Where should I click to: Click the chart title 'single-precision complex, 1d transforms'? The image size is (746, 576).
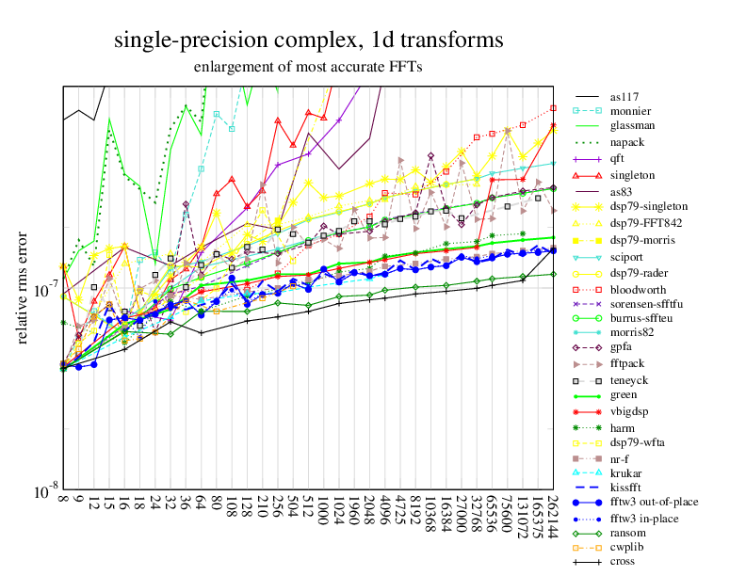(308, 40)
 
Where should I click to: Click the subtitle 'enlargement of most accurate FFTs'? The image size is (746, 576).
(308, 67)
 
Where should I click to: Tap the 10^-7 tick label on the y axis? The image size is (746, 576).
(43, 288)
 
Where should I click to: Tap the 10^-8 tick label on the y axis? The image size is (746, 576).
(43, 491)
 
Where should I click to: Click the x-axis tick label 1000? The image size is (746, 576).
(324, 516)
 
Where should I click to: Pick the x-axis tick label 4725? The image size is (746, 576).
(400, 516)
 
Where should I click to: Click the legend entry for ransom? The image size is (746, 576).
(628, 532)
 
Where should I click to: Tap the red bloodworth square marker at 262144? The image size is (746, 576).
(554, 108)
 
